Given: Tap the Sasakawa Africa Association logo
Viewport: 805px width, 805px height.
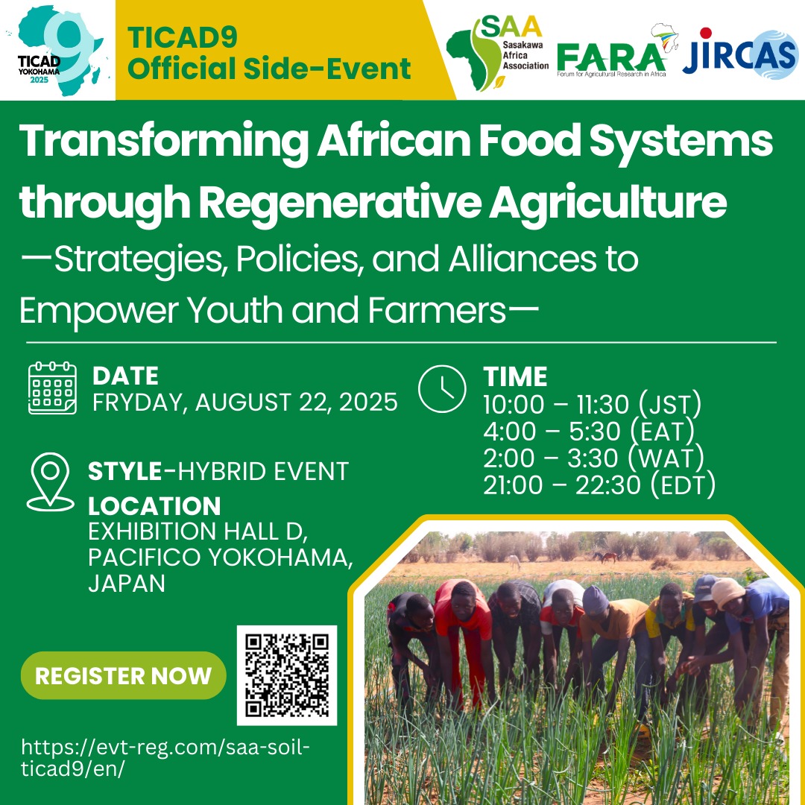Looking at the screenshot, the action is coord(497,53).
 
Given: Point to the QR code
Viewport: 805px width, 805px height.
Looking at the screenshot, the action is coord(286,675).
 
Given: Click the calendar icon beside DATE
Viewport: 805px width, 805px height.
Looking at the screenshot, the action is coord(52,388).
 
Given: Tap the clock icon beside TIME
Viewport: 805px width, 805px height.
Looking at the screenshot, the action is coord(442,388).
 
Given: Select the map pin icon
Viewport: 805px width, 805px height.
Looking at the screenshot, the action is coord(51,482).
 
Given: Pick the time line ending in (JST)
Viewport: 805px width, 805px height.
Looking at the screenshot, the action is coord(592,404).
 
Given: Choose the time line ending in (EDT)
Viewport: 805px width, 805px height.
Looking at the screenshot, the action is coord(599,484).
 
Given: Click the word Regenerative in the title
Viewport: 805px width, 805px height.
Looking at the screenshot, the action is coord(340,202).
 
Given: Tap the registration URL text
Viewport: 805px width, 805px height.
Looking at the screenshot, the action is coord(165,758).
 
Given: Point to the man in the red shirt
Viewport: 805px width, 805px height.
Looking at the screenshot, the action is coord(464,640).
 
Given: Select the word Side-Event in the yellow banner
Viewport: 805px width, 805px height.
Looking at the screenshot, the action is coord(326,69).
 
